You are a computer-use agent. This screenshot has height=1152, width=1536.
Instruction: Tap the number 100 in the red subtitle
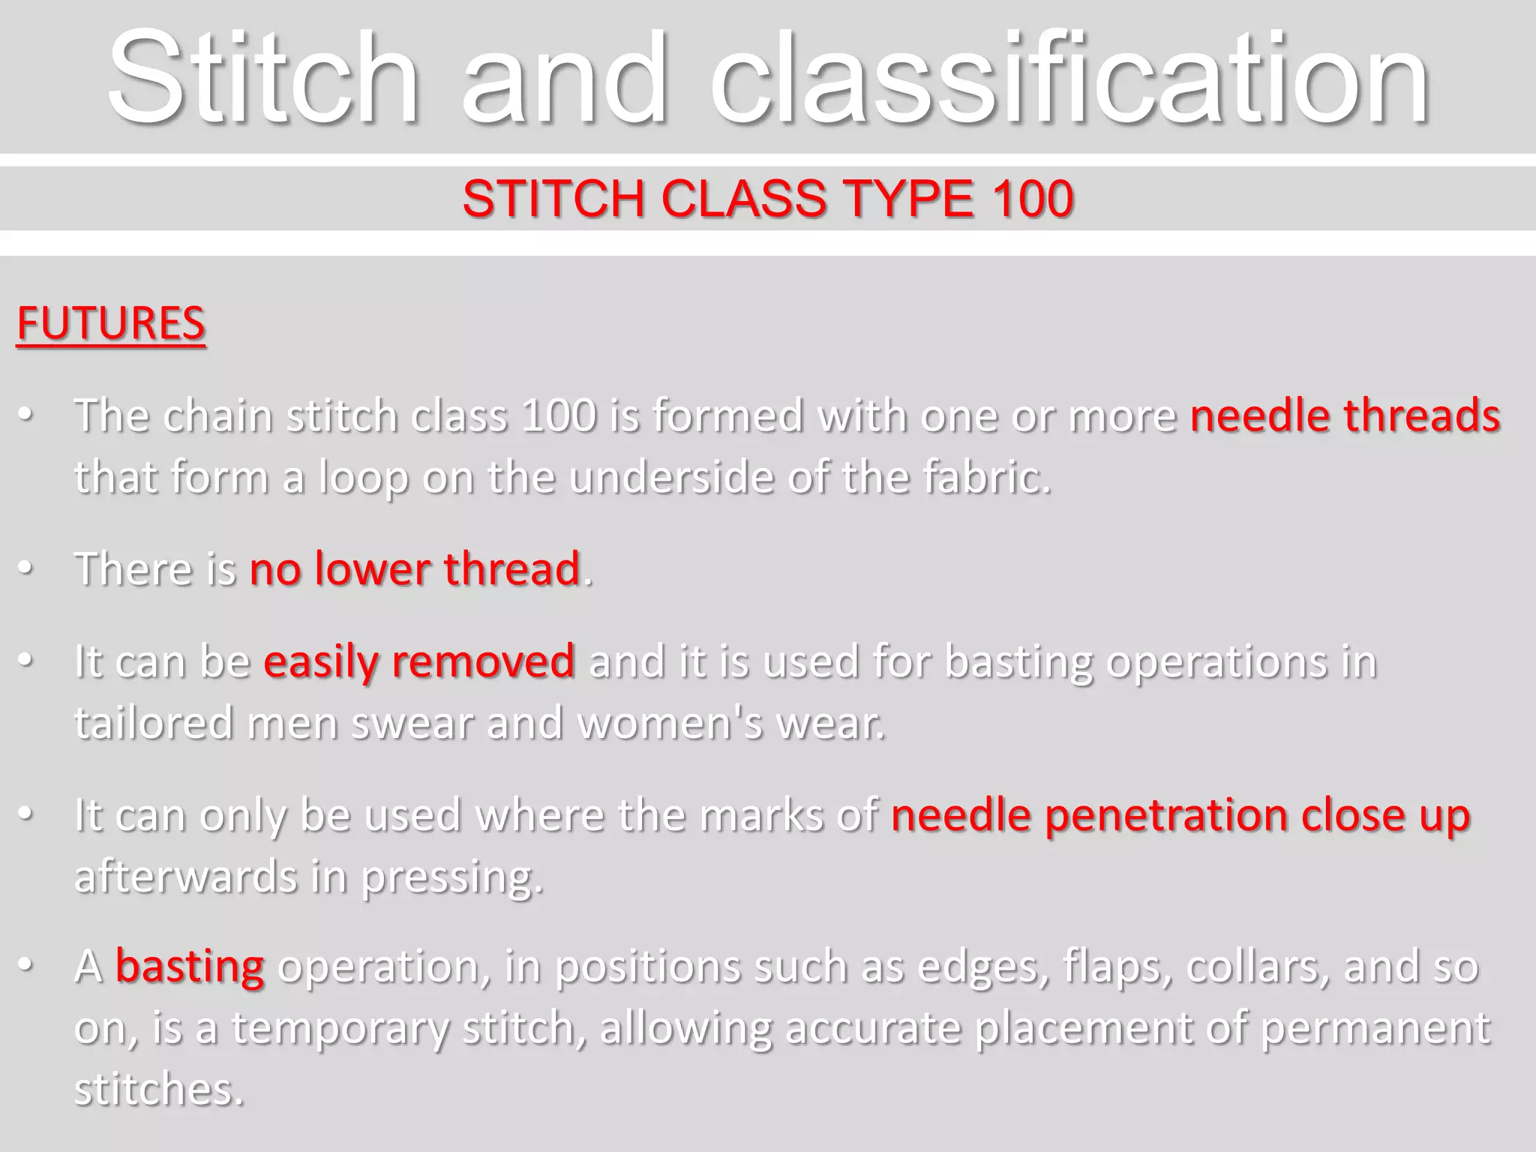[1032, 199]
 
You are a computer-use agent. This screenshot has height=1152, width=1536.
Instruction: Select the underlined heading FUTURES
[111, 324]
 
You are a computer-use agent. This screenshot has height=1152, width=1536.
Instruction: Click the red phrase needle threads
[1345, 415]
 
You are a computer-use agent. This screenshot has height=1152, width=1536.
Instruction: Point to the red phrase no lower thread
[415, 568]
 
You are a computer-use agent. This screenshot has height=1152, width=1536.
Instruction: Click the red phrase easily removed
[418, 661]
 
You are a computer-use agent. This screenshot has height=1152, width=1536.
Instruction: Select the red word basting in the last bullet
[189, 966]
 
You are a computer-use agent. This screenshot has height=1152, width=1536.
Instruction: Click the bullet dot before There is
[26, 568]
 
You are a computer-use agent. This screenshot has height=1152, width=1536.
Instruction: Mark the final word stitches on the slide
[159, 1089]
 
